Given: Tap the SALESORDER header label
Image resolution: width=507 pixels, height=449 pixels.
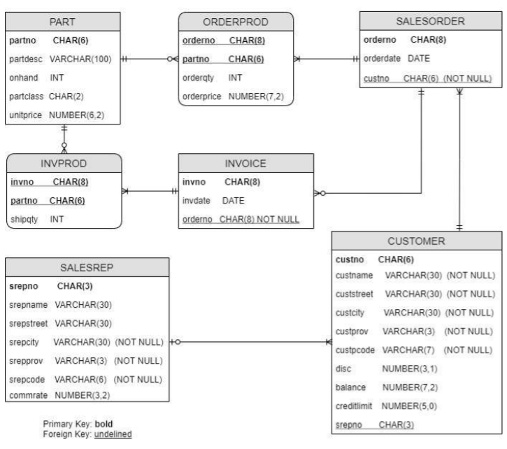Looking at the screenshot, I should tap(429, 22).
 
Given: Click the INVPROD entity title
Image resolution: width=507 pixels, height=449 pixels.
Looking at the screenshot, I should tap(64, 164).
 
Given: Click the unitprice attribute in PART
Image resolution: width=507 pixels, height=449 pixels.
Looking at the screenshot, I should tap(27, 114).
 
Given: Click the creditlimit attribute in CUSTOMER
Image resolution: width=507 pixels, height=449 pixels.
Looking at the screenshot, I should tap(355, 406).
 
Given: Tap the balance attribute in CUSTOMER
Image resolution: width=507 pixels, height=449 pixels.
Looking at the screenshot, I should tap(352, 387).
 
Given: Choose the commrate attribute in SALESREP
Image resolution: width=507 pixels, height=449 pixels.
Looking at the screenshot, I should tap(29, 395).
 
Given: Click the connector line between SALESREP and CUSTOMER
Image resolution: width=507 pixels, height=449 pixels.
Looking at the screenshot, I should tap(252, 342).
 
